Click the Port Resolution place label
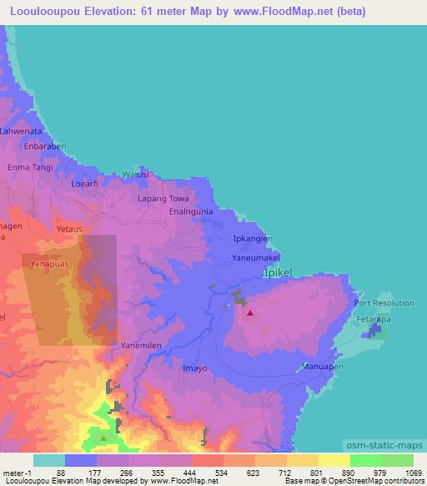(384, 303)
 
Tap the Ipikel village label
(278, 273)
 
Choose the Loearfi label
(85, 184)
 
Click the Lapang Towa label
(163, 200)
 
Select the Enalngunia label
(193, 213)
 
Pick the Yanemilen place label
(140, 344)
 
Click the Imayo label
(193, 367)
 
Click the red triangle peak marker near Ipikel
(250, 314)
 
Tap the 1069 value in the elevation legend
(404, 472)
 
